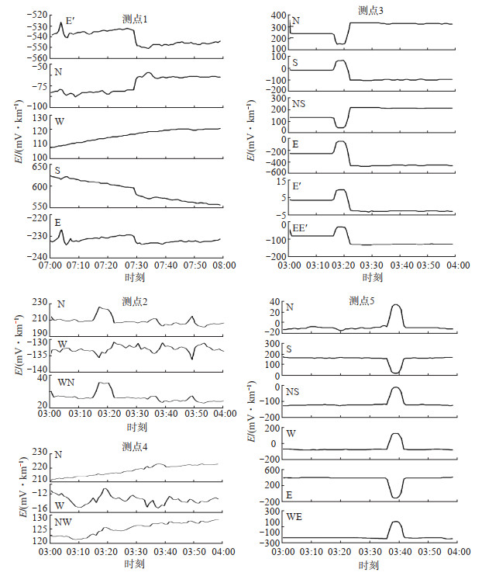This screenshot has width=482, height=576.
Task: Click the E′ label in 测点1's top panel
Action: pos(70,23)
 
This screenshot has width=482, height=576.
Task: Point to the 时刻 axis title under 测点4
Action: pos(136,565)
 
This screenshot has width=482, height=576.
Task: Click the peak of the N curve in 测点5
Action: pos(396,305)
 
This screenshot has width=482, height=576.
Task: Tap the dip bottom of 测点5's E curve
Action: pos(396,497)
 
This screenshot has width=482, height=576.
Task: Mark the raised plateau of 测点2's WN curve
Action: pos(102,383)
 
